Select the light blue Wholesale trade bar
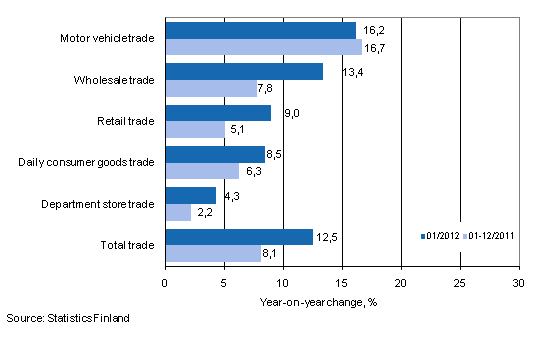(211, 88)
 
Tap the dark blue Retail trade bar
(218, 113)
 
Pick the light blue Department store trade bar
(178, 212)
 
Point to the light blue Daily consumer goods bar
(202, 171)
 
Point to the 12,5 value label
(326, 236)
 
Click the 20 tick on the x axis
(401, 283)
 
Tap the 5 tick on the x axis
(224, 283)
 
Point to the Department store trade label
(98, 204)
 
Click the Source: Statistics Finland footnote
(68, 319)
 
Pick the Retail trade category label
(126, 121)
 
